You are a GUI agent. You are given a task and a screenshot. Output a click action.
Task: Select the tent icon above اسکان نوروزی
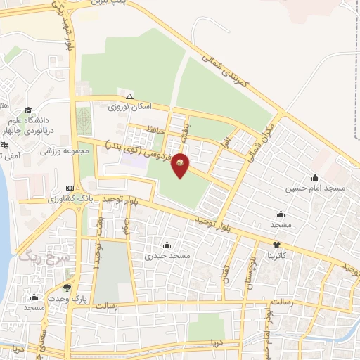click(129, 96)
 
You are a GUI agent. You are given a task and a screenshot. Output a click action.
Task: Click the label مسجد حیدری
click(167, 257)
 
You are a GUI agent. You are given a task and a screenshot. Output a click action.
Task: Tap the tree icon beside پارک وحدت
click(67, 288)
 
